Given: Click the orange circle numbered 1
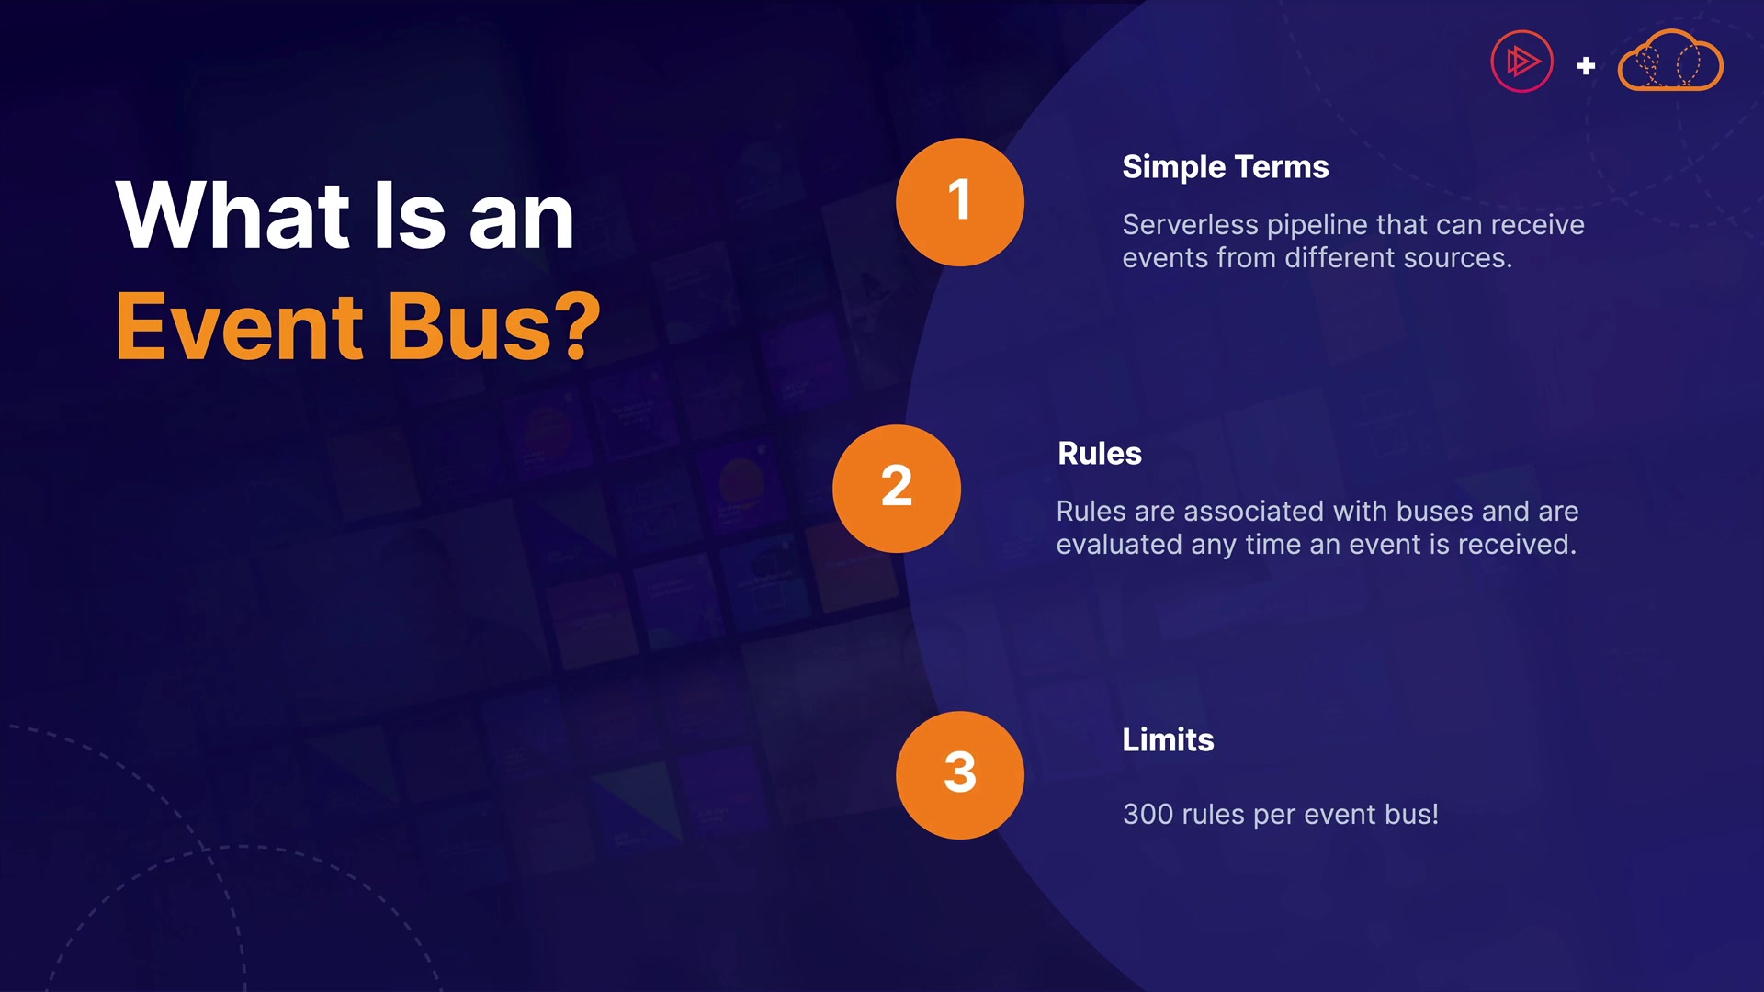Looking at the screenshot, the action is click(960, 202).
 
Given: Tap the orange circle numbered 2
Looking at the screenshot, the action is click(897, 489).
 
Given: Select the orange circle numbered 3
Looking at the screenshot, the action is click(960, 775).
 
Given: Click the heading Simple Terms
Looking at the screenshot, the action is click(1226, 167).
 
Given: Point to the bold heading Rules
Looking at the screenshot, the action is click(1100, 454).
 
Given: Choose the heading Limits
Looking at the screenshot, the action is click(1168, 740).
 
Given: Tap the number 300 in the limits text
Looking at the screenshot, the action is click(1148, 815).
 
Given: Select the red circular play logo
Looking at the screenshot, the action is click(1521, 62).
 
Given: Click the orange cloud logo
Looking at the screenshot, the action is click(1670, 61).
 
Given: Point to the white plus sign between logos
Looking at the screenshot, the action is click(1586, 66).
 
